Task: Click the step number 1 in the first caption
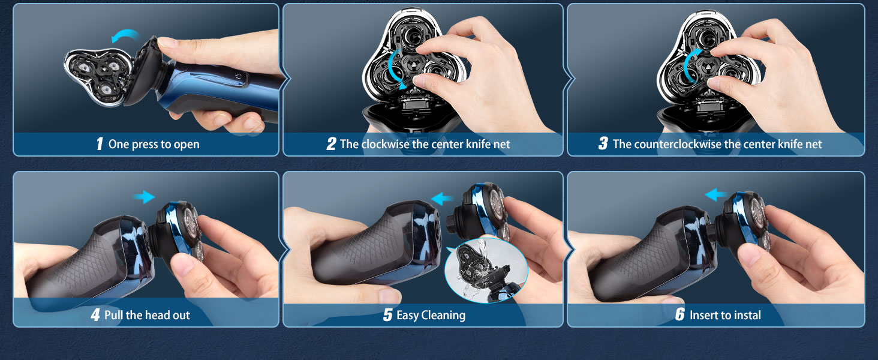100,144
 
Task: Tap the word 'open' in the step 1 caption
186,145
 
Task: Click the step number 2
331,144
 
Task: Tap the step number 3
603,144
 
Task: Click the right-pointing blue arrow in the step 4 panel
143,196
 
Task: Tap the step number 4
95,315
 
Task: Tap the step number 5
387,315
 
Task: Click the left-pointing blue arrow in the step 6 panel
716,194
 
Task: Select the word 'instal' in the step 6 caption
747,315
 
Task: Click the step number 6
679,315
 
